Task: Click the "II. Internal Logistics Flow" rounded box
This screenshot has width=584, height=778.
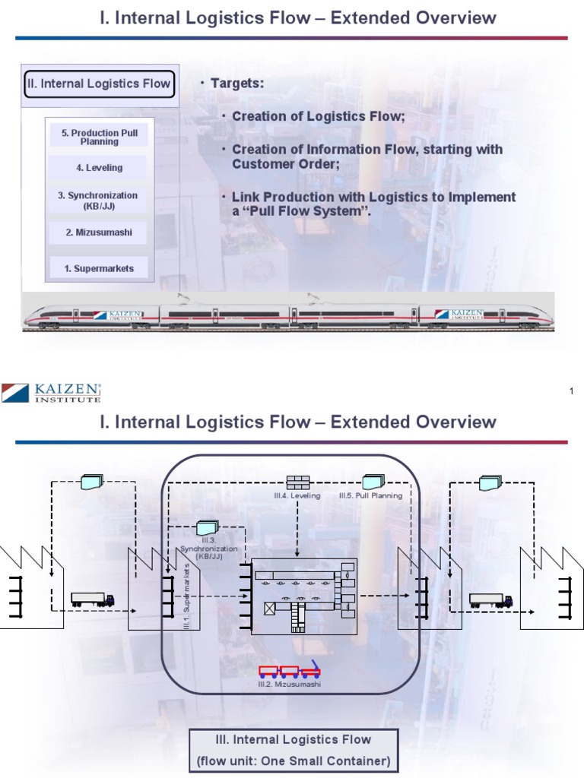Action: coord(100,84)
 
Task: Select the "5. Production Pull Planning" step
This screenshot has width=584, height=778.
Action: coord(100,137)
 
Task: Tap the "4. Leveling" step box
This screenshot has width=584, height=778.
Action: coord(100,167)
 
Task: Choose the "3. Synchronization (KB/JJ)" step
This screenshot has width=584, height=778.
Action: coord(98,200)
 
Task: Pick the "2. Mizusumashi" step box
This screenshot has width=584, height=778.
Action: coord(99,232)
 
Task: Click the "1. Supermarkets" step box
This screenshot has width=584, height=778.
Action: coord(99,268)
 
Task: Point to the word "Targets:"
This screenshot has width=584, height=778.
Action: coord(237,83)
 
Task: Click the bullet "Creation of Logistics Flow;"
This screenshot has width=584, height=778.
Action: coord(319,116)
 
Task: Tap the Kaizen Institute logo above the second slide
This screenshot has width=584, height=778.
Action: coord(51,392)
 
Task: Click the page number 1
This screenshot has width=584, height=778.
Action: coord(570,391)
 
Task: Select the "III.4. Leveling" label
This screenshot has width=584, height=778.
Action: coord(297,495)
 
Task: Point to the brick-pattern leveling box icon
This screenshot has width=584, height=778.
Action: coord(297,481)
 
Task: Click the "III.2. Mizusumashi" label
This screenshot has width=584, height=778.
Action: coord(289,685)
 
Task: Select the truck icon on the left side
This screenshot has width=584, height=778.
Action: coord(92,599)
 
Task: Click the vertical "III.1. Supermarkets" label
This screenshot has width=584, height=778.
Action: coord(188,596)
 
